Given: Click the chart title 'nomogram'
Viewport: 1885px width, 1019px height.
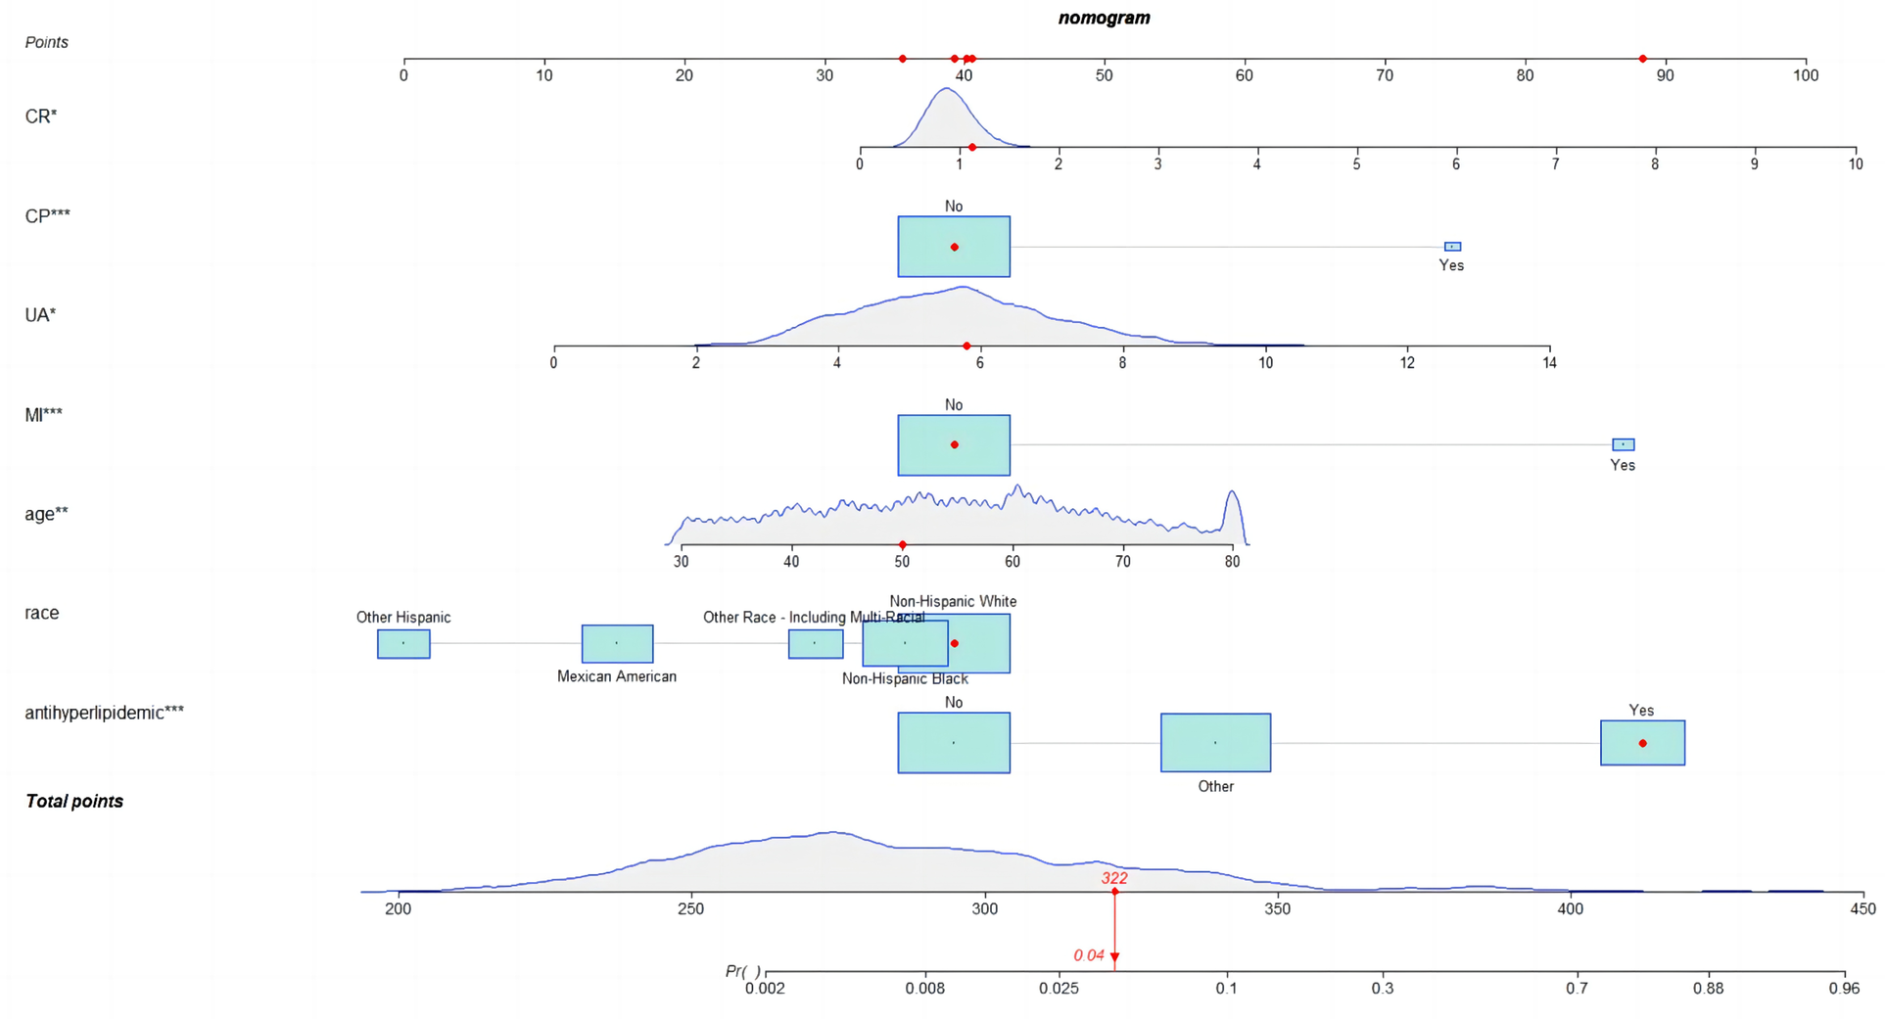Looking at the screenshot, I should click(1104, 18).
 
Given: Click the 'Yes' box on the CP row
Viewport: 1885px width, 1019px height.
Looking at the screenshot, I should click(1452, 247).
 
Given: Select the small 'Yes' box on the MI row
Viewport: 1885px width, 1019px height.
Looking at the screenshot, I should click(1623, 444).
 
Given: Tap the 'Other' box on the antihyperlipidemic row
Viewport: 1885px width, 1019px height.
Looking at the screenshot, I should click(1215, 743).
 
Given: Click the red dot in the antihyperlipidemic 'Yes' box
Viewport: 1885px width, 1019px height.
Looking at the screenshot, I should click(1642, 743).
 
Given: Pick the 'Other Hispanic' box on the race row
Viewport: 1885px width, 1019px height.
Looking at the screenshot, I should click(403, 643).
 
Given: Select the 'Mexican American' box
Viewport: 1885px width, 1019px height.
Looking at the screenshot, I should click(617, 643).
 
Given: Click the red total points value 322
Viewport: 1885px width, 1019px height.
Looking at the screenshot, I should click(1113, 878).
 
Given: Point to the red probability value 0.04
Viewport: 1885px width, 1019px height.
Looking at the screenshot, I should click(1088, 955).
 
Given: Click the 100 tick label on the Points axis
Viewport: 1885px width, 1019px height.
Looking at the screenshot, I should click(1805, 75).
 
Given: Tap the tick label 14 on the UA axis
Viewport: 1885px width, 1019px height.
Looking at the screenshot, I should click(1549, 363).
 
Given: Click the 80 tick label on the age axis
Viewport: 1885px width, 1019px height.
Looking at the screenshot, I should click(1232, 562).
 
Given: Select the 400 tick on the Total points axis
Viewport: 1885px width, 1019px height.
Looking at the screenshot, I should click(1570, 909).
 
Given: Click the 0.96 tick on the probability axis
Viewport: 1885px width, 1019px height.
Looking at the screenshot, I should click(1844, 989).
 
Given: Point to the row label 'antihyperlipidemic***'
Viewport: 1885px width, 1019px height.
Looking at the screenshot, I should click(104, 713).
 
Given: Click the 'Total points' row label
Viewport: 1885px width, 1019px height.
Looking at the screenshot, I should click(74, 801).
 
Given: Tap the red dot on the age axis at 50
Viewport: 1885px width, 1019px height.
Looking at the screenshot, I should click(902, 545).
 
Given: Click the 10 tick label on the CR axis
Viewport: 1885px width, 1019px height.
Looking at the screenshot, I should click(1855, 164).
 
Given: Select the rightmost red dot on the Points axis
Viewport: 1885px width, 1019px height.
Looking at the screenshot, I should click(1642, 59).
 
